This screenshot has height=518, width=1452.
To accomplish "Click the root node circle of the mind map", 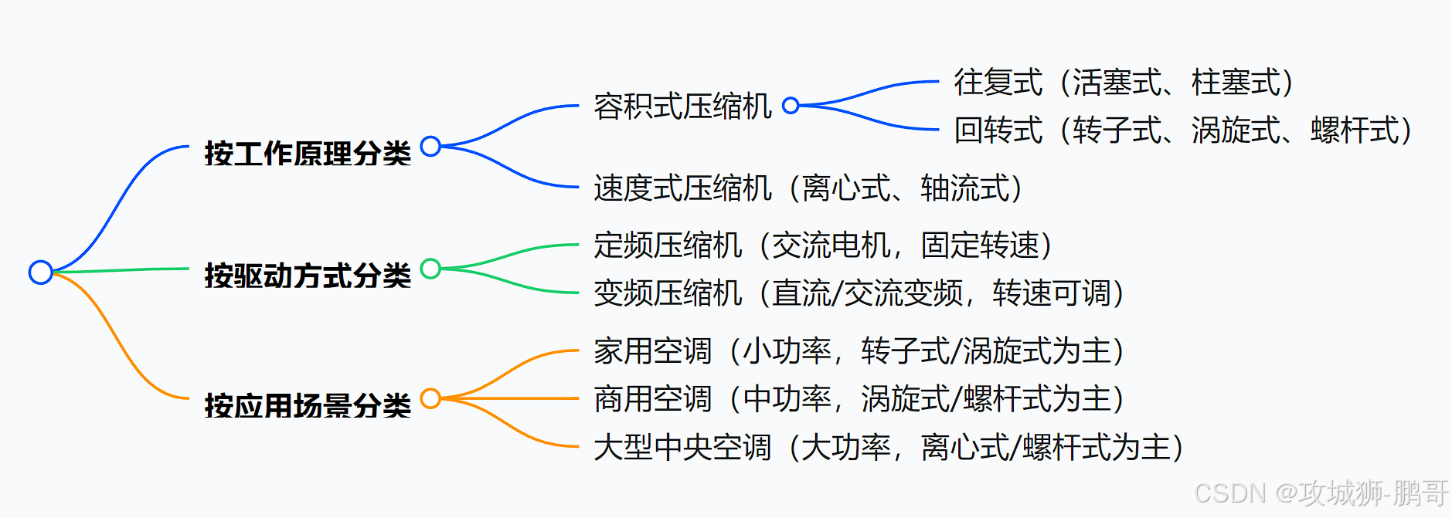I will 40,272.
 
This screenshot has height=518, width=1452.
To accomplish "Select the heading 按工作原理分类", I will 308,154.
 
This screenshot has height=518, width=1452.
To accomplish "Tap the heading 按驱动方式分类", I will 308,276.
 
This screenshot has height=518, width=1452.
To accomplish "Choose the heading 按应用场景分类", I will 308,405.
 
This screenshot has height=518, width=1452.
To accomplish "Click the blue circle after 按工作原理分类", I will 430,146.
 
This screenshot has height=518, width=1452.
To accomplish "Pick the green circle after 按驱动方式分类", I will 430,269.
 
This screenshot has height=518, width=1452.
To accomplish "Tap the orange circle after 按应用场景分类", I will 430,398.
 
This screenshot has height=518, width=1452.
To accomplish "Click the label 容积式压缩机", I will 682,107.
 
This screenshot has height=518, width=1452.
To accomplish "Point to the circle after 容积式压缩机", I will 791,105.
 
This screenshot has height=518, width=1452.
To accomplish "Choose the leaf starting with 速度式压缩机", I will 808,188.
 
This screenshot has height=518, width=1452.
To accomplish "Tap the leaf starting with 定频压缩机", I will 823,245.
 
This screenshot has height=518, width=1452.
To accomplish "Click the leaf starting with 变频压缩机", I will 859,293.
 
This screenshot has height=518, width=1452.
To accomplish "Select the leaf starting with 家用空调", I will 859,351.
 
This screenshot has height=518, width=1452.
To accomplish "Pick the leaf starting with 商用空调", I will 859,399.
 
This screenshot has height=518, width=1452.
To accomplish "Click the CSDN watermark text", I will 1321,493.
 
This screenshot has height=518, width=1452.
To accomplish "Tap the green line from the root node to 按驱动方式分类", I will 124,269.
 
